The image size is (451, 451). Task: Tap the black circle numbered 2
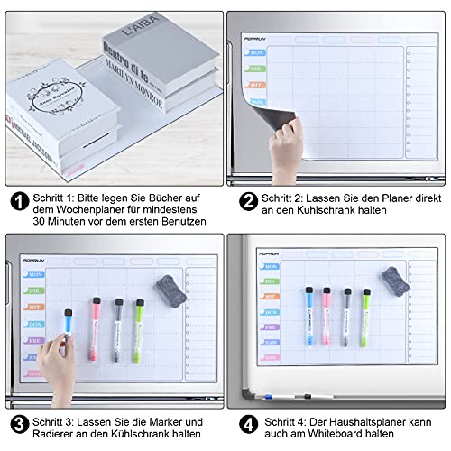pos(245,201)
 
